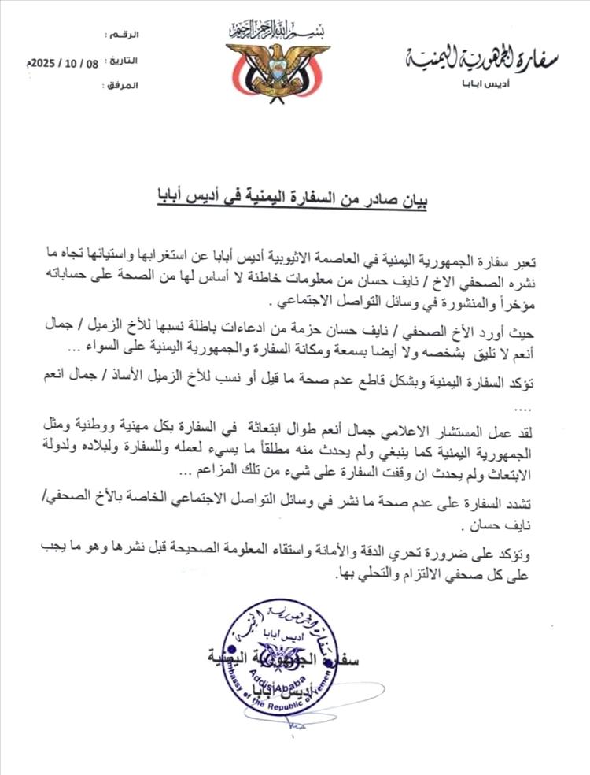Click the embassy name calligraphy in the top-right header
pos(481,60)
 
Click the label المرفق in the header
pos(121,83)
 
